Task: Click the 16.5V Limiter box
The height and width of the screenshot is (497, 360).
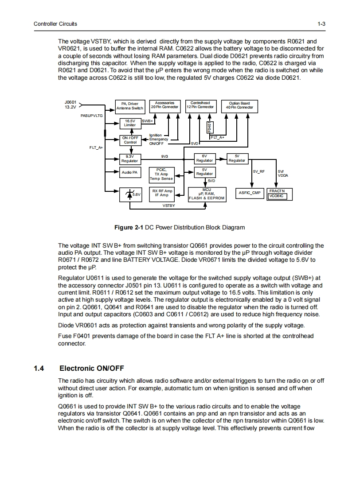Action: (130, 123)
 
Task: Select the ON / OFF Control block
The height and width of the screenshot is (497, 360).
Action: (130, 140)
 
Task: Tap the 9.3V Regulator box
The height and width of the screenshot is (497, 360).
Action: (130, 158)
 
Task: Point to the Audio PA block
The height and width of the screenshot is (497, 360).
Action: (130, 172)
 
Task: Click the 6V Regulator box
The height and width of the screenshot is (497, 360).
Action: (204, 158)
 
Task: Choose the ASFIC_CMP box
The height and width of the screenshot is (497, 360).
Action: (251, 193)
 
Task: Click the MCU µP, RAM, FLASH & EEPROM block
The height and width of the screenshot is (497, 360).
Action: (207, 194)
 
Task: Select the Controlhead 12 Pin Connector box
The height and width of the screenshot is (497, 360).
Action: (200, 105)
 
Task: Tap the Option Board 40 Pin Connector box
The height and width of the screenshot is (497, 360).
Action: (239, 105)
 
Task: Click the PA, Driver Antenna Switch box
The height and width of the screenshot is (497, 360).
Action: (130, 105)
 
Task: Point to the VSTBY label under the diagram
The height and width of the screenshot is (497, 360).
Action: (168, 206)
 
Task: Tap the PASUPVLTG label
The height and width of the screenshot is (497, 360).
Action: (91, 115)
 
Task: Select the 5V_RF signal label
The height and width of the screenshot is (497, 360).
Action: (259, 171)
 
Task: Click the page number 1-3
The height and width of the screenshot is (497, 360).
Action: (321, 23)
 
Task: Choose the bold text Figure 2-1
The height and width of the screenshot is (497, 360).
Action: (129, 227)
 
